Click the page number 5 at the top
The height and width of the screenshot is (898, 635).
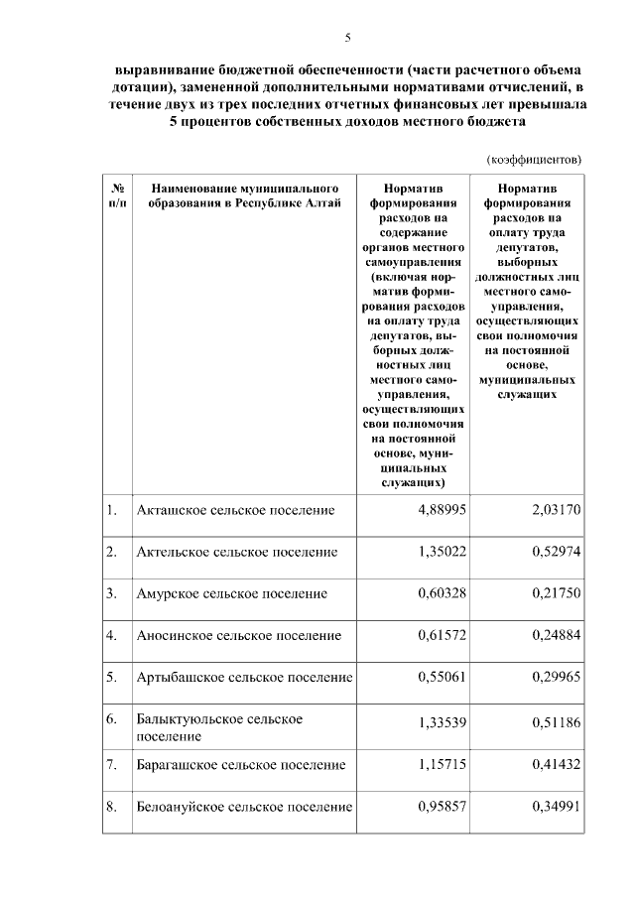coord(347,38)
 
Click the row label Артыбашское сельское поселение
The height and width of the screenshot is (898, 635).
coord(244,678)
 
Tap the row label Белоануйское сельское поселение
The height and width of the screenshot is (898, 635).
coord(244,808)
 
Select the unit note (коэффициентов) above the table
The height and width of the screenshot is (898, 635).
coord(534,158)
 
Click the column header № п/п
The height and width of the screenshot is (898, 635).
coord(118,194)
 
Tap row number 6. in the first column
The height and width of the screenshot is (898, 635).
coord(113,717)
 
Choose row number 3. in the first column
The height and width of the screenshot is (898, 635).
coord(113,593)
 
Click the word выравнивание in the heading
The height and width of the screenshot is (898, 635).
coord(158,72)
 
